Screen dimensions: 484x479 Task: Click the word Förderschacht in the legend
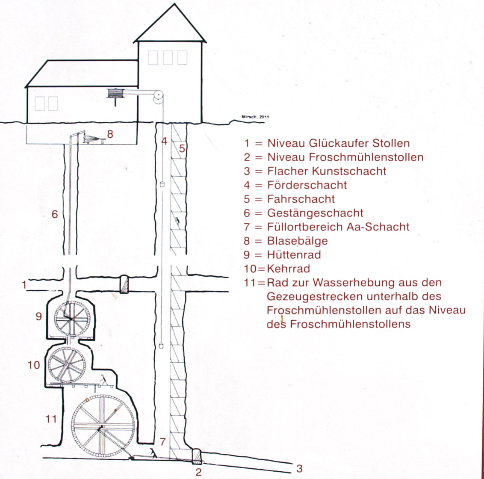307,185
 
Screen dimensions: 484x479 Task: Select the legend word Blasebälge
297,241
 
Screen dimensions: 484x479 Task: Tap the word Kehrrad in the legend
288,269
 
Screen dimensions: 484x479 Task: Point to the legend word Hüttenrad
294,254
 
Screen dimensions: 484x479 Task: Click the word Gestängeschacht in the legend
315,213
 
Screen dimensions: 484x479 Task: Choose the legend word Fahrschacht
301,199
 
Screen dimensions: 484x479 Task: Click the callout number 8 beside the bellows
110,134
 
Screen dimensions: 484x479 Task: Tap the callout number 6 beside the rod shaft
55,214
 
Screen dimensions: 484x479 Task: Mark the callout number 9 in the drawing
38,316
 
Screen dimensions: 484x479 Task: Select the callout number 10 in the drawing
34,365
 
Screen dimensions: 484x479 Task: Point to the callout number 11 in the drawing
51,419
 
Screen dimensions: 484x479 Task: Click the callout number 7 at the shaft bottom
162,442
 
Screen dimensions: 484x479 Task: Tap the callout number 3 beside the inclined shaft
299,468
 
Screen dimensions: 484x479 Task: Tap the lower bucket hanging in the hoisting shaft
161,346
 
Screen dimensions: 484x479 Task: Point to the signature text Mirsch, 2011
255,117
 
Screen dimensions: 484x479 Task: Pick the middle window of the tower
168,57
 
